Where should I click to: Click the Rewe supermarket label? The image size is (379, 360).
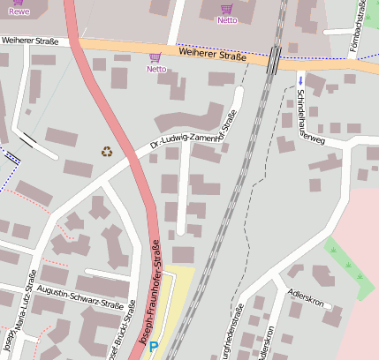[x=19, y=12]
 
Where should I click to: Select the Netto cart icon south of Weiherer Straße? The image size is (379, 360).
[x=155, y=58]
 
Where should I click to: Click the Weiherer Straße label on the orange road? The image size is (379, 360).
[x=211, y=56]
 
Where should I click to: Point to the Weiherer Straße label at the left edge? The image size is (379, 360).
[x=35, y=41]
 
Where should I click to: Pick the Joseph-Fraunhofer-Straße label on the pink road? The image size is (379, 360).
[x=148, y=291]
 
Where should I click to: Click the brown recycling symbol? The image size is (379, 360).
[x=108, y=151]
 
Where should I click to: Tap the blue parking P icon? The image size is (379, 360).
[x=154, y=348]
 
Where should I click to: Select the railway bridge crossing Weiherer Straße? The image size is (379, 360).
[x=274, y=60]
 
